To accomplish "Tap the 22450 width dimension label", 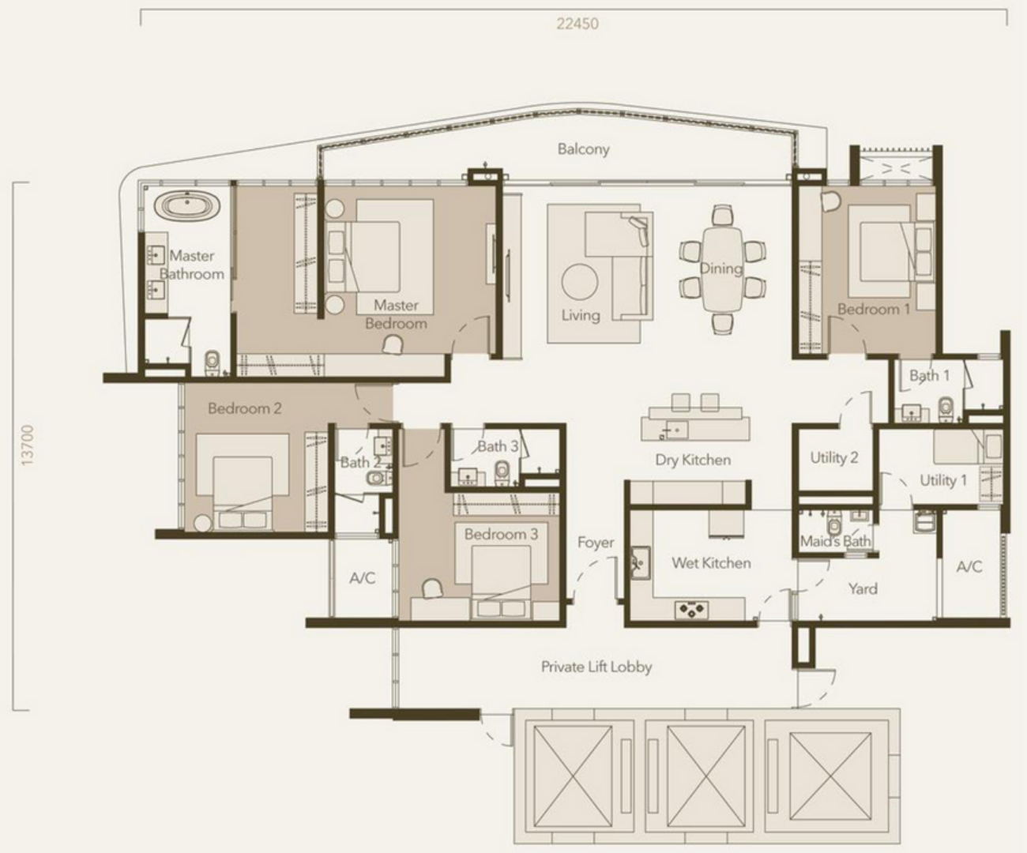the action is coord(577,24).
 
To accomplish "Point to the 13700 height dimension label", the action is coord(28,445).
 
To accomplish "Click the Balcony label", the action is coord(583,149).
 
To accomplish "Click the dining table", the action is coord(722,269).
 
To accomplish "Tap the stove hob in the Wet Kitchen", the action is coord(691,610).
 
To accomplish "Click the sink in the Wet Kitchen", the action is coord(640,562).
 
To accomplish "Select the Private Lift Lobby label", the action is coord(596,667).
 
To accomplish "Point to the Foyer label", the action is coord(596,543).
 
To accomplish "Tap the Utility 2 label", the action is coord(833,458).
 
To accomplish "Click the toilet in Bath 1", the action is coord(946,410).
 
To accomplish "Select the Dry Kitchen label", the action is coord(693,460).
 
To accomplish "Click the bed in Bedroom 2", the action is coord(242,482).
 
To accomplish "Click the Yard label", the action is coord(863,588).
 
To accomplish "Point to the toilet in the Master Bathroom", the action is coord(212,363).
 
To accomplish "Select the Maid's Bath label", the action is coord(835,541).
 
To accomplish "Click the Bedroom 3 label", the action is coord(501,534).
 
